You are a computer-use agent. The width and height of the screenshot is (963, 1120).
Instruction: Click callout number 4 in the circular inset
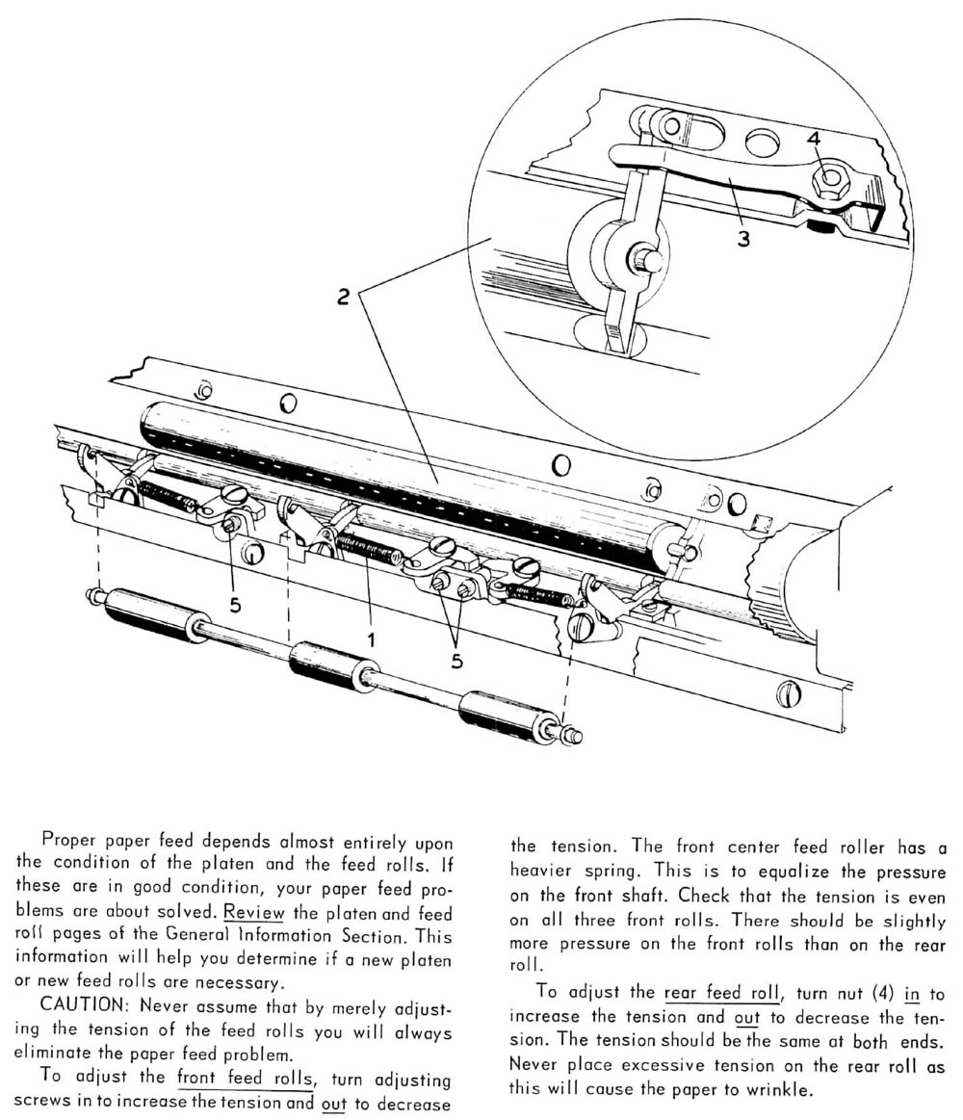(x=813, y=140)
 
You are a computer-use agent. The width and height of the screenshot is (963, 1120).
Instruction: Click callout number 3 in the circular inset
(x=742, y=237)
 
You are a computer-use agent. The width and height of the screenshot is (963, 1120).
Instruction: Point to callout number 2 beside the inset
(x=343, y=297)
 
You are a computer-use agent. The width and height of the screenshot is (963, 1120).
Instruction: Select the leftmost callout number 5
(x=235, y=606)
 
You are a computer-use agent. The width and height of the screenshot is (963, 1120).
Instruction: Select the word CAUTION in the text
(x=78, y=1008)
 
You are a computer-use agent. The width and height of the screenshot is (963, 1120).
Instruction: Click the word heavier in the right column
(x=544, y=870)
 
